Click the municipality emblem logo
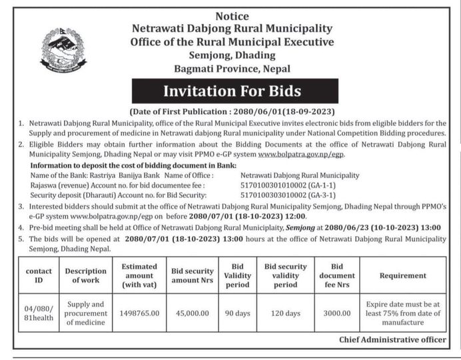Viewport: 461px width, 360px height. click(x=63, y=49)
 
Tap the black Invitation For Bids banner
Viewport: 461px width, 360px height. click(x=235, y=91)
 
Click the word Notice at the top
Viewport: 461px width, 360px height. click(x=232, y=15)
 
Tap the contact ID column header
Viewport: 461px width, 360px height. click(x=39, y=275)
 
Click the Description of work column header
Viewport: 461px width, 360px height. click(x=85, y=275)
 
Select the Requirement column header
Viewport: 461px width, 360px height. click(x=403, y=275)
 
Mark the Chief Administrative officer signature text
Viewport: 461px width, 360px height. click(x=392, y=339)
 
